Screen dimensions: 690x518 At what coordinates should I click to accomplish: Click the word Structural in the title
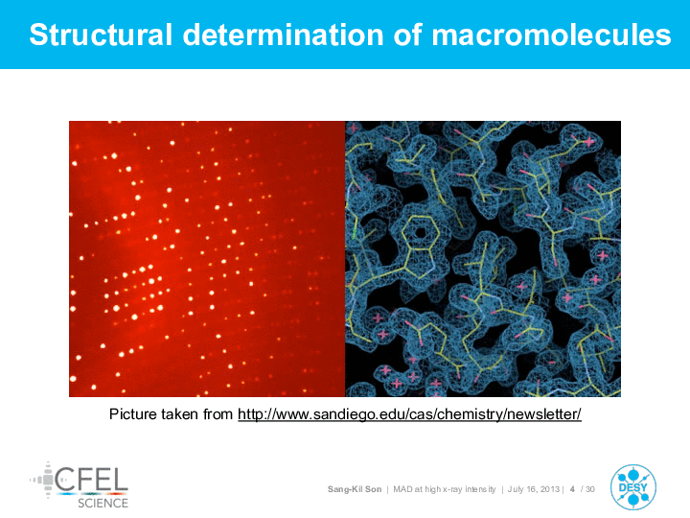(x=101, y=35)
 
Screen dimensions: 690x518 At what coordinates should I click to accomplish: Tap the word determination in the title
(x=283, y=35)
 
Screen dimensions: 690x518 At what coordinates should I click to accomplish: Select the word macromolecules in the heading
(x=551, y=35)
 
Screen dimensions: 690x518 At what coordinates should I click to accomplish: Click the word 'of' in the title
(x=407, y=35)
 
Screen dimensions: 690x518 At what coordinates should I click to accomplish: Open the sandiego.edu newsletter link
(x=410, y=414)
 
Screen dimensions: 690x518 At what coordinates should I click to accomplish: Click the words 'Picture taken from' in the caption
(x=171, y=414)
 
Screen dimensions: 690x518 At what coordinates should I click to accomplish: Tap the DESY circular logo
(x=632, y=487)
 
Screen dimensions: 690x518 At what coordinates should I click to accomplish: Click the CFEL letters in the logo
(x=92, y=480)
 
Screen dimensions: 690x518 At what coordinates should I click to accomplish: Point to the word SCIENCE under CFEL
(x=103, y=503)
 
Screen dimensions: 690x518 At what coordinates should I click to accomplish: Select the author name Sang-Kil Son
(x=355, y=489)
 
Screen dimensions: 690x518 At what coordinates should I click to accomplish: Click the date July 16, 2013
(x=534, y=489)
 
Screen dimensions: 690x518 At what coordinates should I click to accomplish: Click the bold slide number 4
(x=572, y=489)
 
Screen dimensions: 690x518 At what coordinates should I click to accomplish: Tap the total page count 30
(x=590, y=489)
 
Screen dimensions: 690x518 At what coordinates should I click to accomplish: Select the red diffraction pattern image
(x=207, y=259)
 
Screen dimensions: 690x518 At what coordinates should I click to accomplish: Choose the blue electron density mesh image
(x=483, y=259)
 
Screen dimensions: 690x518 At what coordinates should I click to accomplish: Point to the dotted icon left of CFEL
(x=43, y=480)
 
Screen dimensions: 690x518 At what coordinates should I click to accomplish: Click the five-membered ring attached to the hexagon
(x=418, y=264)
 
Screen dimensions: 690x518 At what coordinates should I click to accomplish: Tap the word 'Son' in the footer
(x=373, y=489)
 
